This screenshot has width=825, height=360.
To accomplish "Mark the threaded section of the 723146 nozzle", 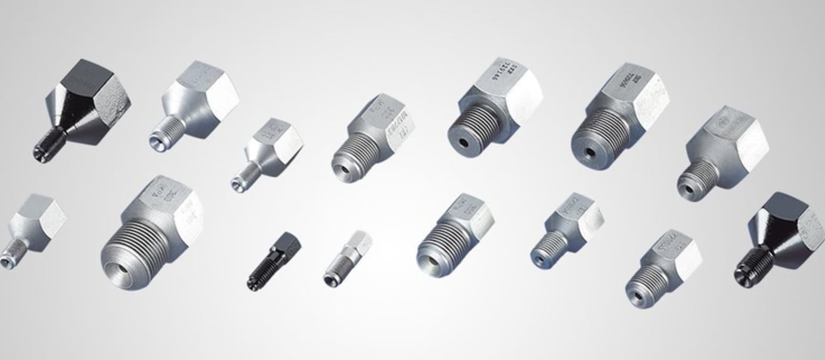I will [x=471, y=128].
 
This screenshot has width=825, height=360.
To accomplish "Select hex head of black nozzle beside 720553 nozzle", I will [x=787, y=221].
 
